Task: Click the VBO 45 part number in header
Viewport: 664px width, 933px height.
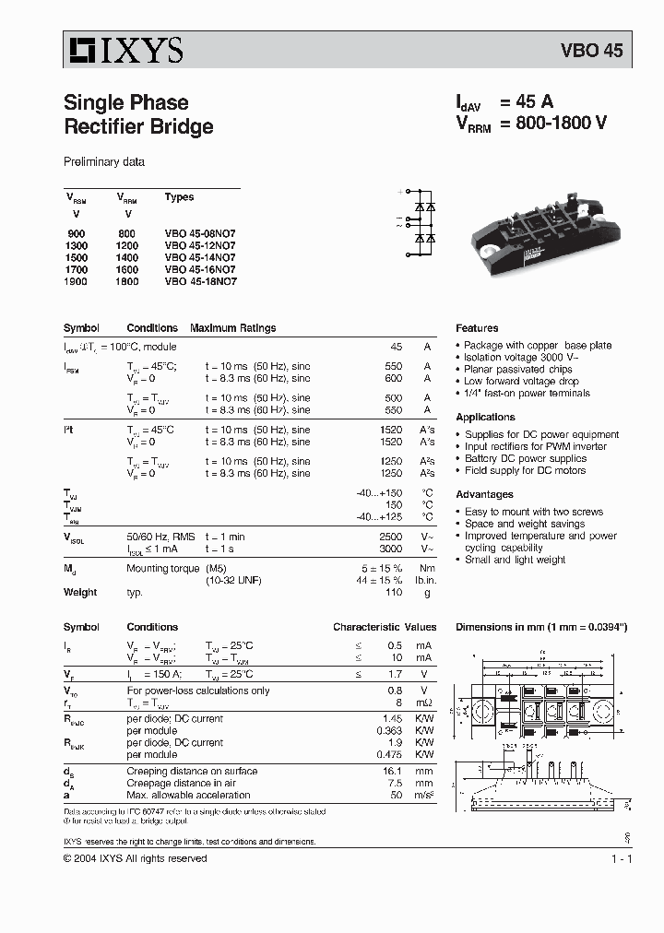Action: [592, 51]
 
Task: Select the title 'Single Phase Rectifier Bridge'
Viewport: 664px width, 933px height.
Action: [138, 114]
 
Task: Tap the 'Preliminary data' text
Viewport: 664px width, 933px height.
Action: [103, 161]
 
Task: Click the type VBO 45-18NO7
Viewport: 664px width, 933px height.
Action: [200, 282]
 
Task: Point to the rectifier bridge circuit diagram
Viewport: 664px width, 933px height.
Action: [421, 222]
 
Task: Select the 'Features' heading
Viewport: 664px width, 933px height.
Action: [477, 328]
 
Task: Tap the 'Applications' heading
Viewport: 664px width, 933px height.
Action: [485, 417]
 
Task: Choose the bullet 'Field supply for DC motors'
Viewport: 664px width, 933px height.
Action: [525, 470]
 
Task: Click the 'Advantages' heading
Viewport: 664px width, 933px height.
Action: [484, 494]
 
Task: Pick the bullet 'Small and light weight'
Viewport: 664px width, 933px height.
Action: [515, 560]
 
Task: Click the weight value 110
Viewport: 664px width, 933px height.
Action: [394, 592]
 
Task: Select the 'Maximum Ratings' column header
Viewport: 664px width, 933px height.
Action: [232, 328]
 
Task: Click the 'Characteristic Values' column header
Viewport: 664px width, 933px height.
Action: [385, 627]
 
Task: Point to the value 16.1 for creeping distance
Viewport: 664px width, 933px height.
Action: [392, 771]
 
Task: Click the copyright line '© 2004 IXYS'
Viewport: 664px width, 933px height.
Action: [135, 858]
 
